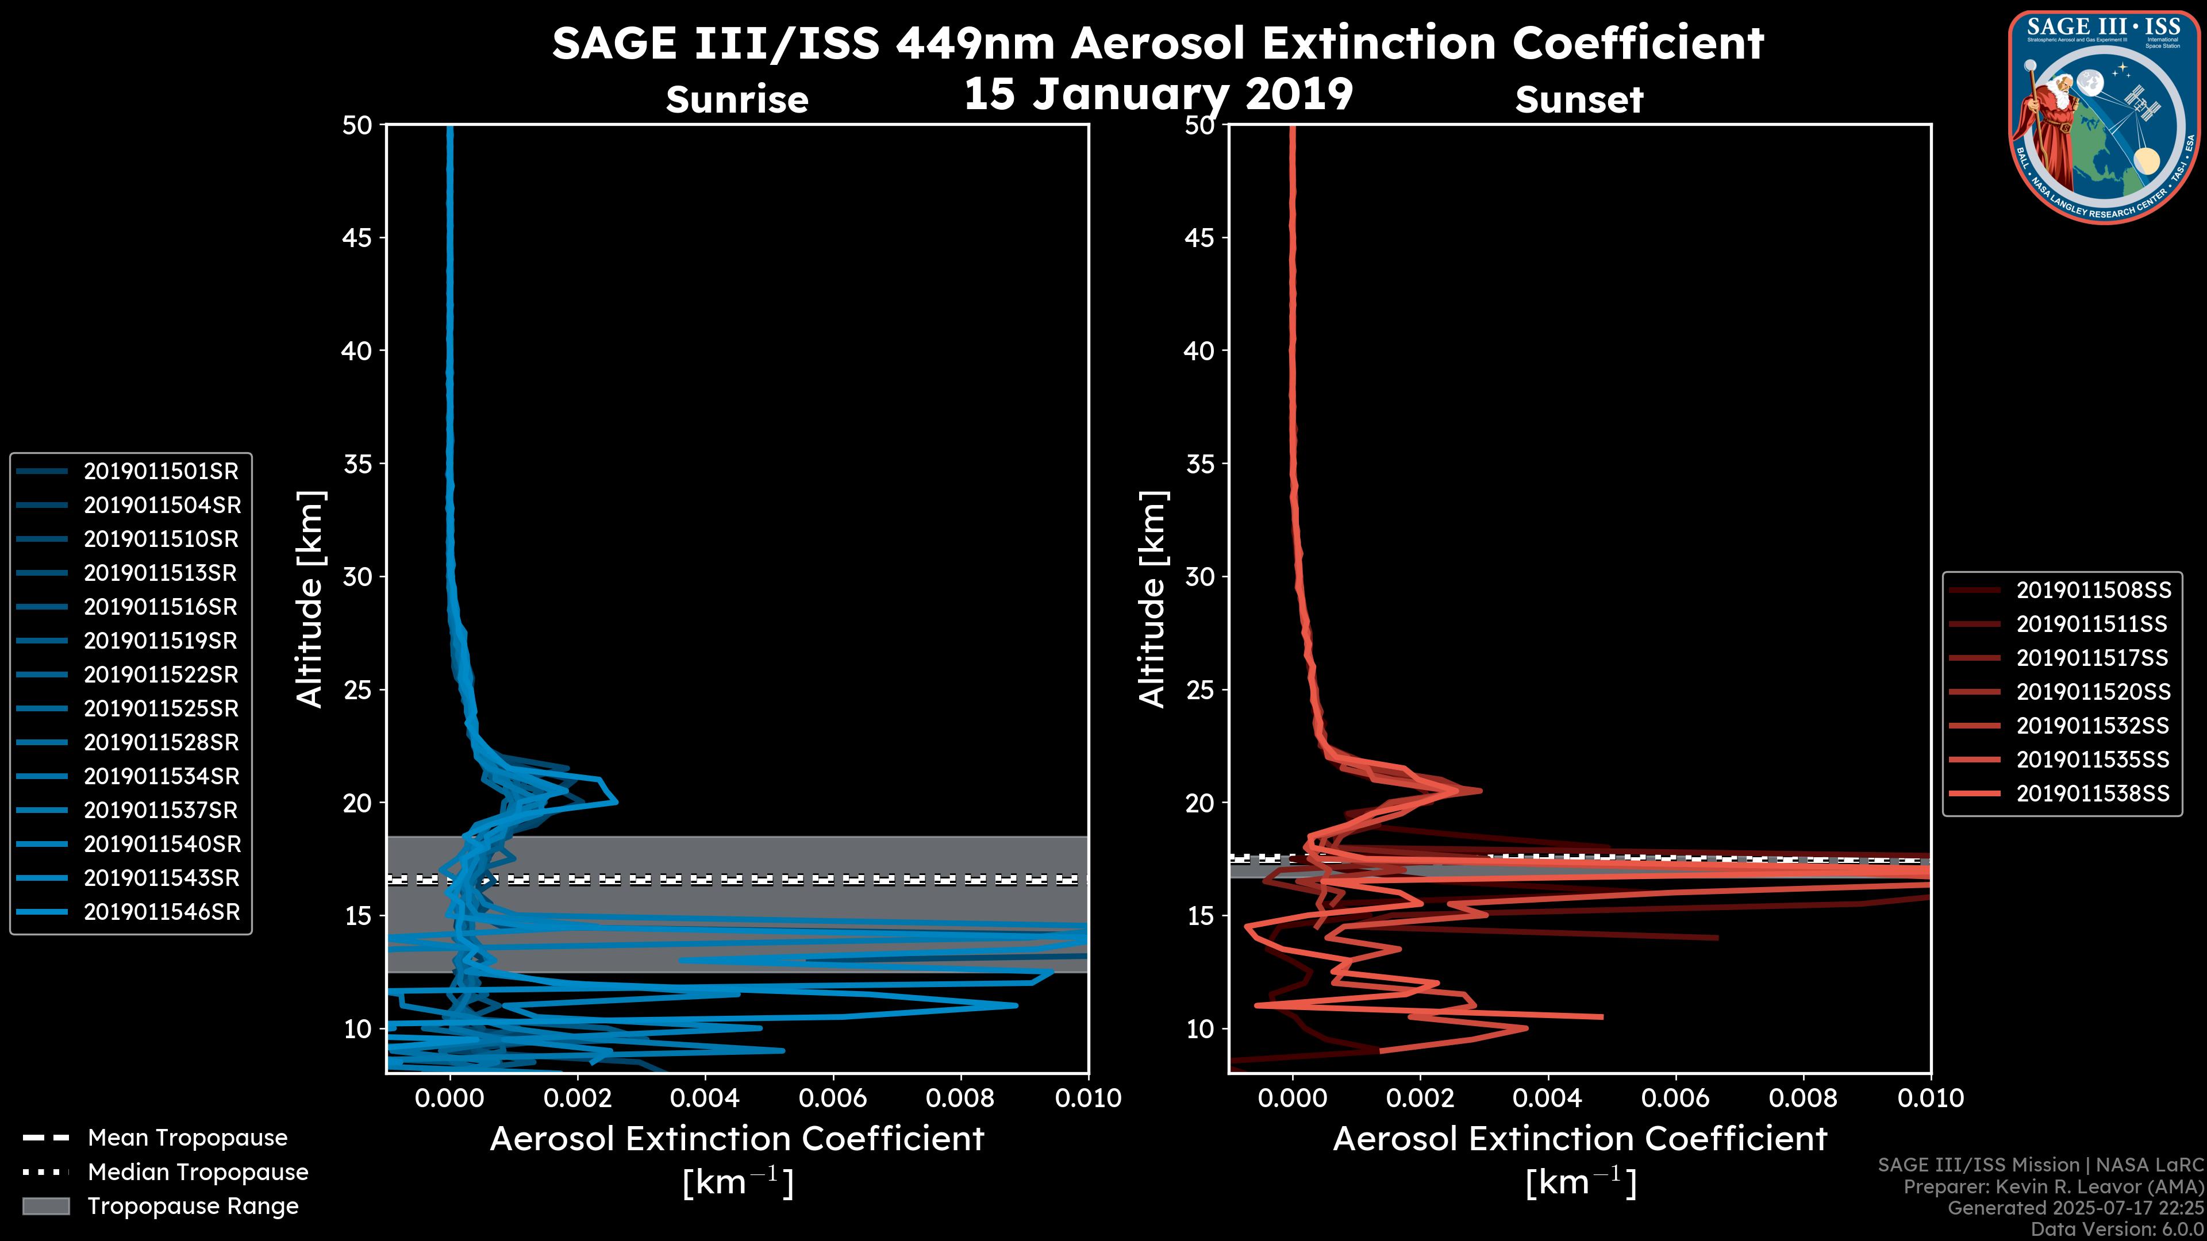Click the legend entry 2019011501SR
click(x=160, y=471)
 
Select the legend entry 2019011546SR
click(x=160, y=912)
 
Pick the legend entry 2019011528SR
click(x=160, y=742)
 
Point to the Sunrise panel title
click(x=737, y=100)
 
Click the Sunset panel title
click(x=1579, y=100)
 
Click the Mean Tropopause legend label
click(x=187, y=1138)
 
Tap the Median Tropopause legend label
click(x=198, y=1173)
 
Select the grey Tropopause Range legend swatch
click(x=46, y=1207)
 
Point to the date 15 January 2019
click(x=1158, y=94)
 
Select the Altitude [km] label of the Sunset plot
click(x=1152, y=599)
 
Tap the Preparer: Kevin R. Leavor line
click(x=2053, y=1187)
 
